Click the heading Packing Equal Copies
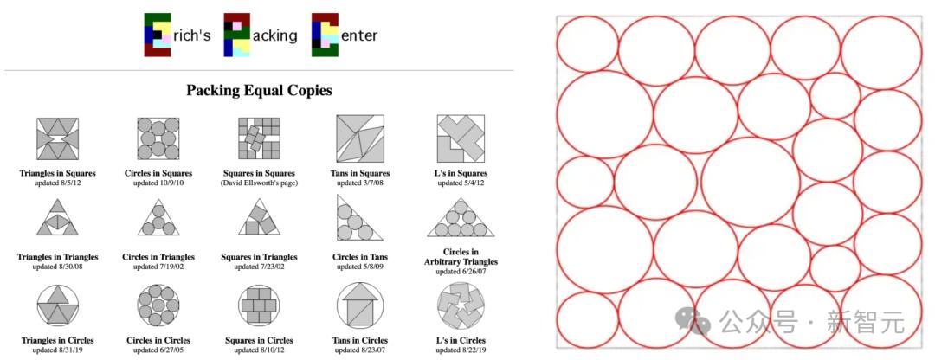[x=259, y=91]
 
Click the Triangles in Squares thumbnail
[x=57, y=138]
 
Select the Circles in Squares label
[x=158, y=173]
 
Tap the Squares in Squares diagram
[x=259, y=138]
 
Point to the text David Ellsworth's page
[x=259, y=183]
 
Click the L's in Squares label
[x=461, y=173]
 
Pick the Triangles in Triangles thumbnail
[x=57, y=217]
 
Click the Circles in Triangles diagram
[x=158, y=217]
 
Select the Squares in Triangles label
[x=259, y=257]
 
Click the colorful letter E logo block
[x=158, y=35]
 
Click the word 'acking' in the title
[x=275, y=35]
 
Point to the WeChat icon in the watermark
[x=693, y=323]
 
